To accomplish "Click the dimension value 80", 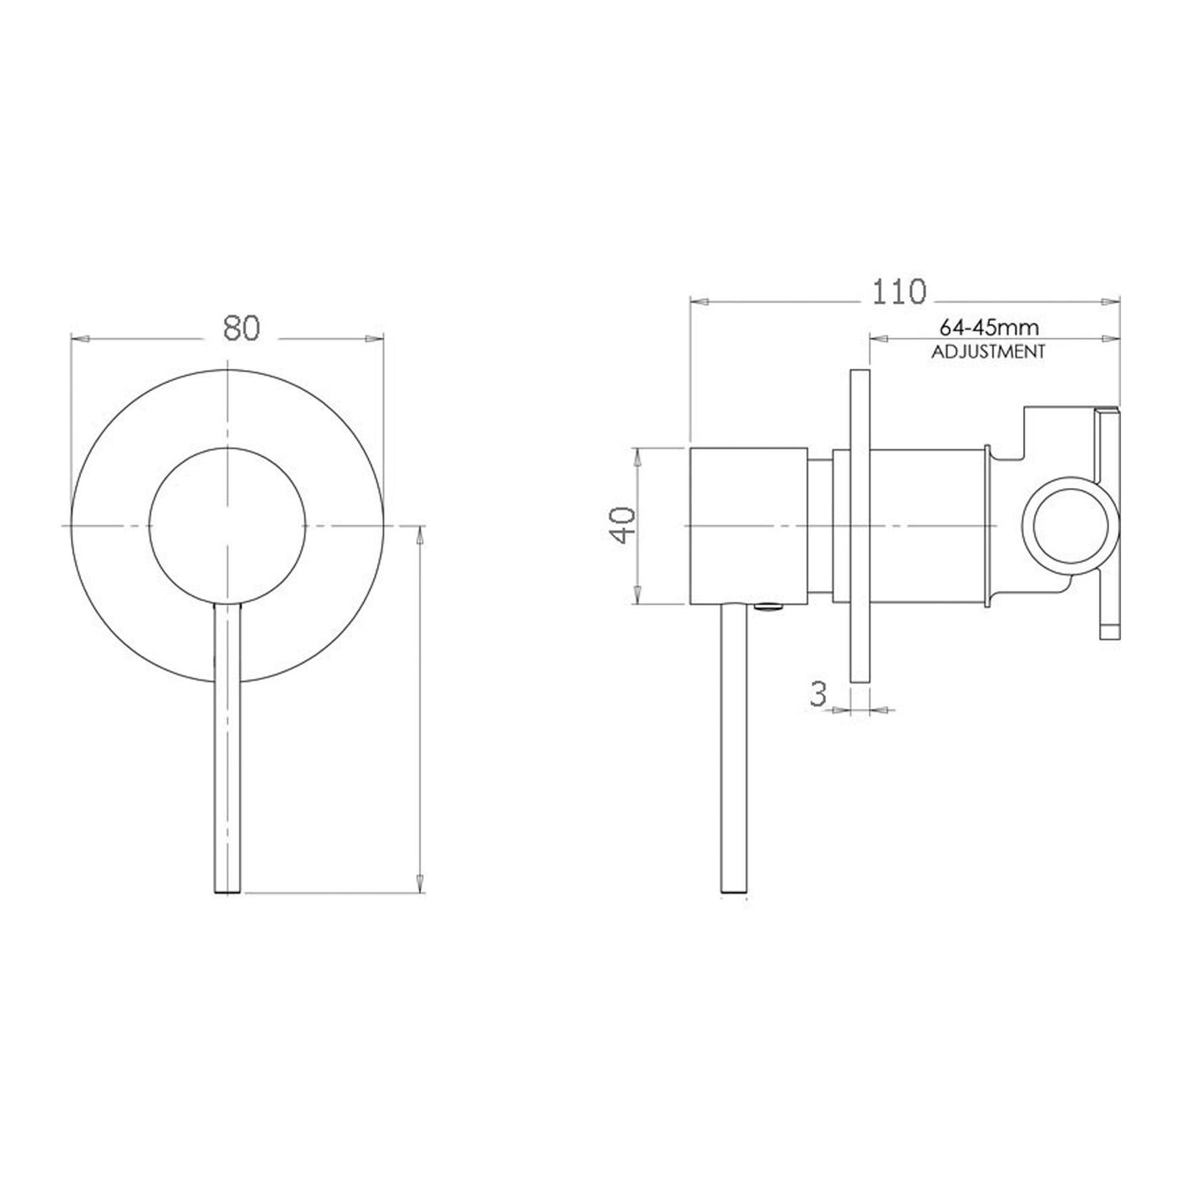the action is (241, 328).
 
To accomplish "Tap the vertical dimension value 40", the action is (625, 525).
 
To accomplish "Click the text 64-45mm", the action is (989, 328).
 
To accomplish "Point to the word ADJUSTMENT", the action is (988, 352).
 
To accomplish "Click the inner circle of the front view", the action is (228, 525).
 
